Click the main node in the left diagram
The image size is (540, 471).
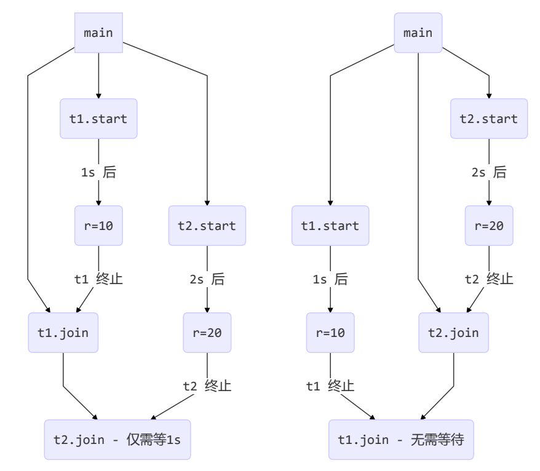click(x=98, y=33)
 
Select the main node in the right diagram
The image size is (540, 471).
click(x=418, y=33)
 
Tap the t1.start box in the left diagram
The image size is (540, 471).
click(x=98, y=119)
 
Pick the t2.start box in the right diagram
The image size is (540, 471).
click(x=489, y=119)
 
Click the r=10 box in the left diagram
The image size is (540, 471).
click(x=98, y=226)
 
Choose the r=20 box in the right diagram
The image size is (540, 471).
click(x=489, y=226)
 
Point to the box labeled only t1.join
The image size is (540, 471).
click(x=63, y=333)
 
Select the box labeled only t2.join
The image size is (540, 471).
click(x=454, y=333)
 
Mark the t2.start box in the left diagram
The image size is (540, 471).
click(x=207, y=226)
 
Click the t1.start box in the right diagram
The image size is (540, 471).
click(x=330, y=226)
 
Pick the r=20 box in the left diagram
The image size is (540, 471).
click(x=207, y=333)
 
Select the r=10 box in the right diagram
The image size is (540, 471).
click(x=330, y=333)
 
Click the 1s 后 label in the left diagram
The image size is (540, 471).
click(x=98, y=172)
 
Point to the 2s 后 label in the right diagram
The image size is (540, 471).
click(x=489, y=172)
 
